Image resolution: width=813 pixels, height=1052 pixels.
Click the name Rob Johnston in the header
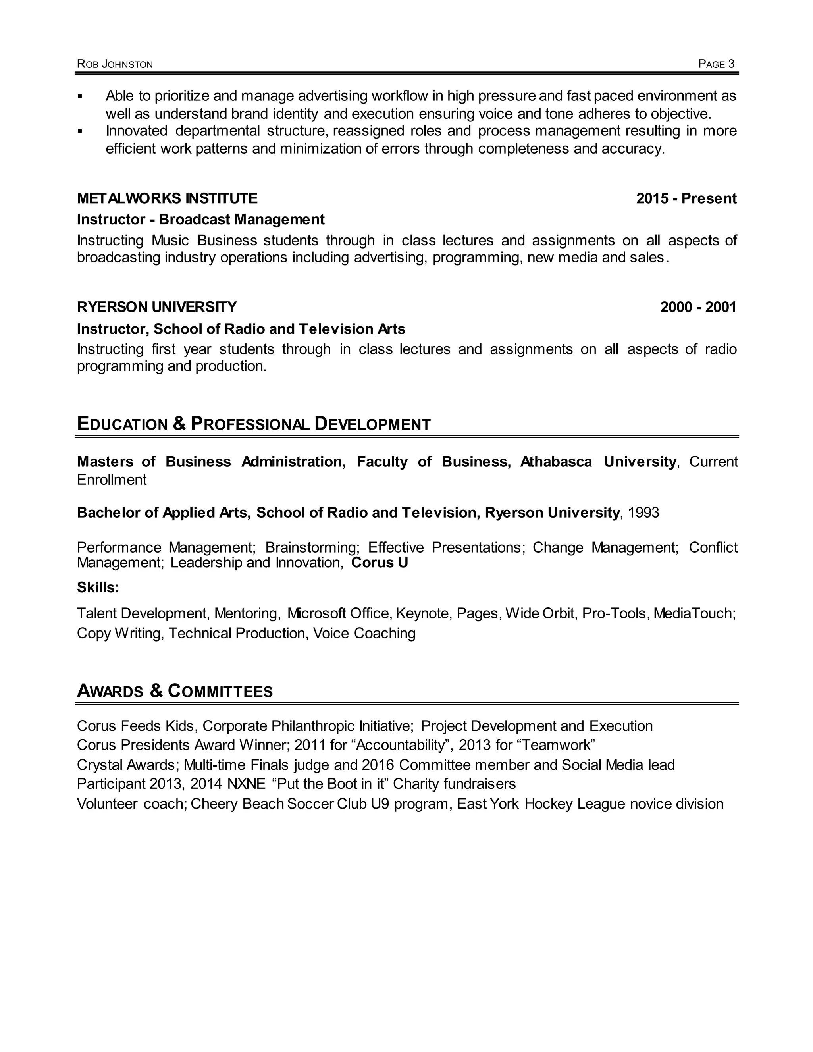click(x=115, y=64)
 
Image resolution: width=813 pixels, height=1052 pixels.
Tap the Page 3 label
click(x=716, y=64)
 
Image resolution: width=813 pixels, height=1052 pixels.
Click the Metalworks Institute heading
click(x=167, y=198)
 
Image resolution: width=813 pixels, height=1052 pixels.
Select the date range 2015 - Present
click(x=686, y=198)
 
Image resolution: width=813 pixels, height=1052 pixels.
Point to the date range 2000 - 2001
click(x=698, y=307)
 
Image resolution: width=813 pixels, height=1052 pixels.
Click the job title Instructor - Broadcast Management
click(x=200, y=220)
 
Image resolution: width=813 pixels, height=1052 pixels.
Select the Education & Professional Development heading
click(x=253, y=424)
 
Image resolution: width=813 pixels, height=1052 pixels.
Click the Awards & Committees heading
click(x=174, y=691)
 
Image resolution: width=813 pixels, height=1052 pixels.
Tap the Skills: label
click(x=98, y=587)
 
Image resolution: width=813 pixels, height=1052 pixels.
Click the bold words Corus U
click(x=379, y=563)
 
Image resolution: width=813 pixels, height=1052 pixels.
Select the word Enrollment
click(x=112, y=480)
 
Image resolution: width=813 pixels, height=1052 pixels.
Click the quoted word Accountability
click(x=400, y=745)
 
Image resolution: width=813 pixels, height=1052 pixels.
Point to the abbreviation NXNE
click(x=246, y=784)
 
